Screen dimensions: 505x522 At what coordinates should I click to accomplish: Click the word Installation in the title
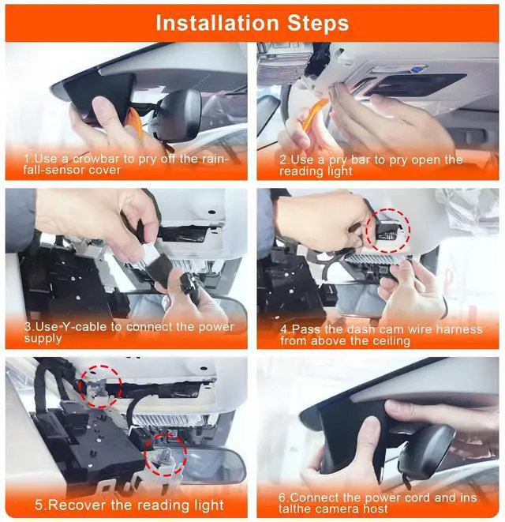(x=217, y=23)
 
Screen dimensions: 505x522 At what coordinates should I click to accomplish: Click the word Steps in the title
(x=318, y=24)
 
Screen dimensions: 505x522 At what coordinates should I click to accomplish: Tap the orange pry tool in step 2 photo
(x=314, y=115)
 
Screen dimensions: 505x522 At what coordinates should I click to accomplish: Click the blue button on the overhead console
(x=414, y=69)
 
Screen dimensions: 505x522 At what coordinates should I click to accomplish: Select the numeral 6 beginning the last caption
(x=282, y=498)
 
